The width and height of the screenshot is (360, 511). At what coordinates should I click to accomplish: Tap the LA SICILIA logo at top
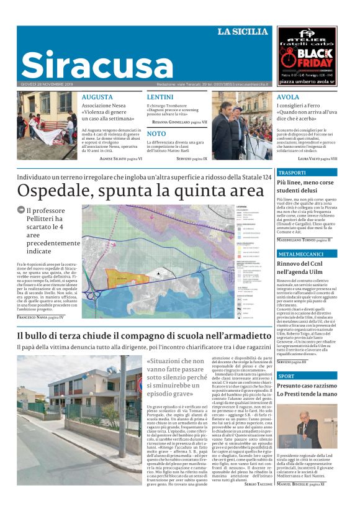tap(242, 32)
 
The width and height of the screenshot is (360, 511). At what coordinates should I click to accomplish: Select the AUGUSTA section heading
tap(97, 97)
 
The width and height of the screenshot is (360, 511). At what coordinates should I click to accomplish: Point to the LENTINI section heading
tap(160, 97)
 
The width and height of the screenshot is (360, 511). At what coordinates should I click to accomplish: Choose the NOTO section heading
tap(156, 133)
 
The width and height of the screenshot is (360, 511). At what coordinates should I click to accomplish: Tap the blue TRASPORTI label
tap(292, 173)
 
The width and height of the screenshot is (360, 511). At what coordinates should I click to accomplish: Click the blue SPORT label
tap(287, 376)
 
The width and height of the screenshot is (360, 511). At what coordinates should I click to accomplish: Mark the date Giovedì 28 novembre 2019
tap(47, 84)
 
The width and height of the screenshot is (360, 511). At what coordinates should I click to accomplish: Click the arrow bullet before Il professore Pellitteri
tap(21, 210)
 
